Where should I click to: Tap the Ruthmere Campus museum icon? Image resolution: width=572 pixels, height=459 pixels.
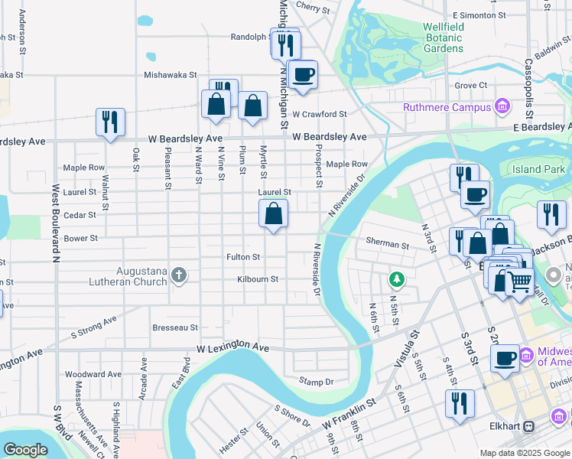tap(502, 106)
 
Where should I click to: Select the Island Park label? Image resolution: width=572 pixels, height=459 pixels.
tap(538, 169)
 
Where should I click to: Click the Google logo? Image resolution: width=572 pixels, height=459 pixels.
tap(25, 449)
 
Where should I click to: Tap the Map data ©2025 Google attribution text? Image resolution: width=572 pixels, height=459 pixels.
tap(524, 453)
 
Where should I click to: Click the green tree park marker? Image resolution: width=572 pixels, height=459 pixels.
tap(395, 277)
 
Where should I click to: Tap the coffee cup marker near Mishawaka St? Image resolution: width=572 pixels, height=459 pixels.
tap(304, 75)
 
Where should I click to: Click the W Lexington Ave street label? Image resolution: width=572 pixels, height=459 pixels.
tap(233, 348)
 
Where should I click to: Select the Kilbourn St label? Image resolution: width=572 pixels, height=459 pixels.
tap(257, 279)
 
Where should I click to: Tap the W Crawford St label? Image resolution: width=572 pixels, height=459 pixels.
tap(319, 114)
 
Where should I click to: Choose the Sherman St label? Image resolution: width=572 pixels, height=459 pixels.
tap(388, 245)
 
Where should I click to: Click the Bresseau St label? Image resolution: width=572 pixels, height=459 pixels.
tap(174, 327)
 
